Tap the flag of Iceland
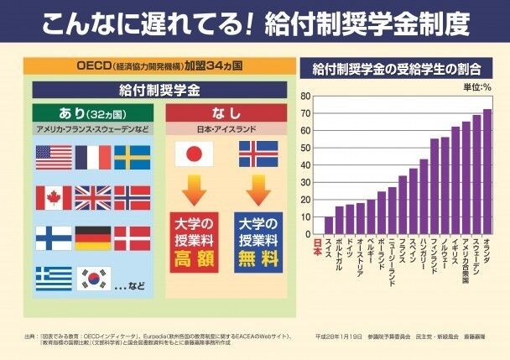click(258, 154)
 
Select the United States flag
click(55, 158)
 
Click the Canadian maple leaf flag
click(55, 197)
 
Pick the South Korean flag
click(94, 278)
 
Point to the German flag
click(93, 237)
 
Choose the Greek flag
click(54, 278)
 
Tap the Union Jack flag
click(93, 197)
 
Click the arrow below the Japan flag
click(194, 190)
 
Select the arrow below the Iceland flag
click(258, 190)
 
